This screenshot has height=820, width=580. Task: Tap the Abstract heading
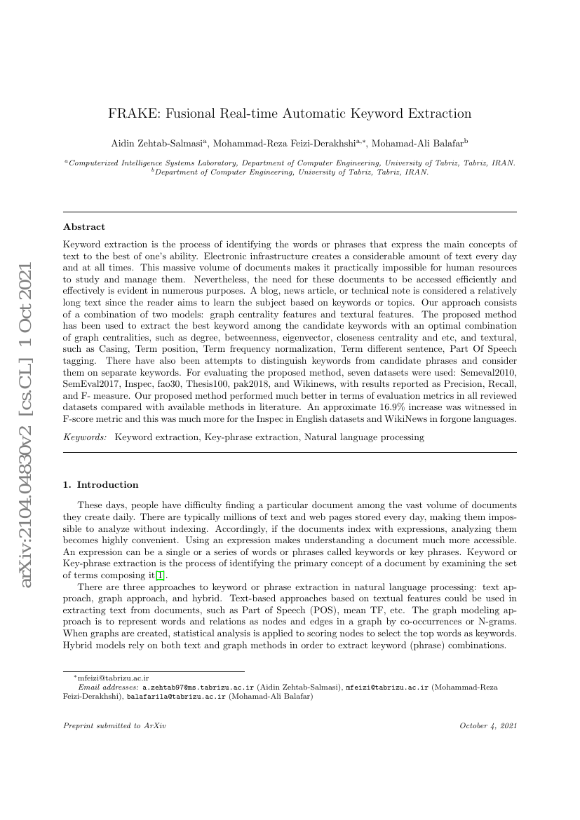click(x=84, y=227)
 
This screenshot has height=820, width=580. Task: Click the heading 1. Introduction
click(x=101, y=484)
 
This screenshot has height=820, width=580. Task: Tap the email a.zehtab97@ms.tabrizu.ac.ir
click(x=199, y=688)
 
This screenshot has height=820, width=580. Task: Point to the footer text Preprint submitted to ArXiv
click(x=114, y=725)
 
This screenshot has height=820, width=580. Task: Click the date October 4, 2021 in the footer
click(x=488, y=725)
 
